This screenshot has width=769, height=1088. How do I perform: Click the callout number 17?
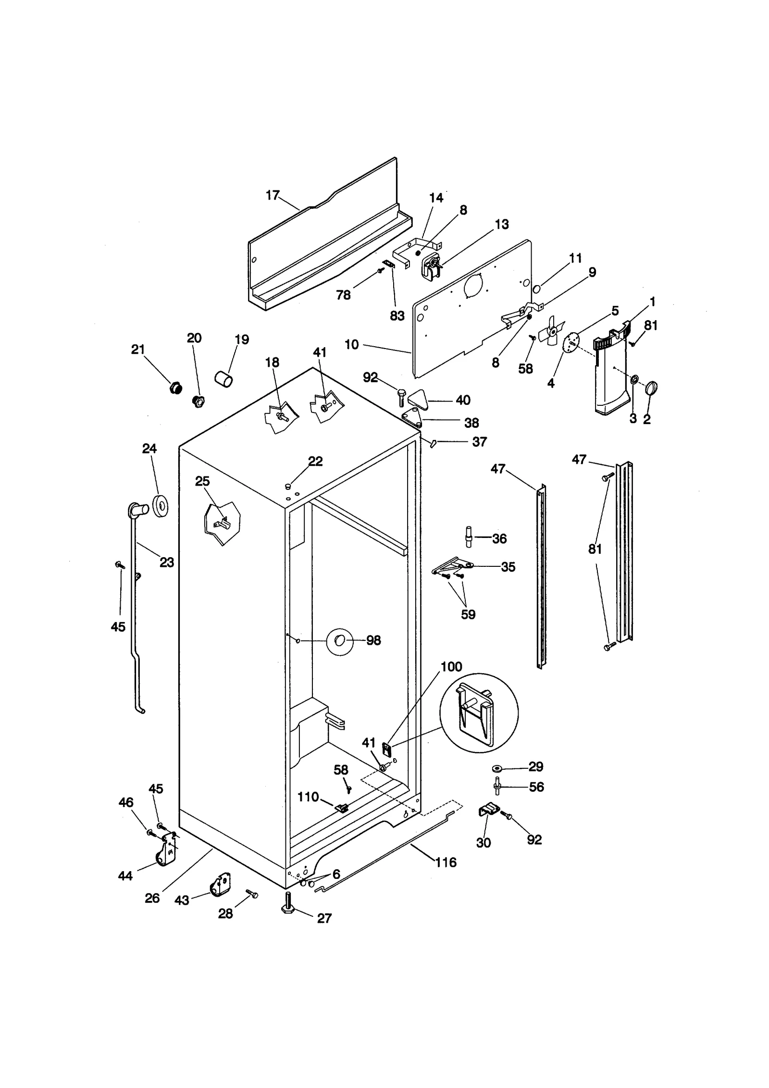click(272, 195)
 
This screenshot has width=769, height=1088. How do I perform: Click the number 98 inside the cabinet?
click(373, 640)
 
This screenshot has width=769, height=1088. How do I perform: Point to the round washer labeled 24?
click(160, 505)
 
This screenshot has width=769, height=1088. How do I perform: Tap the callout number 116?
click(446, 863)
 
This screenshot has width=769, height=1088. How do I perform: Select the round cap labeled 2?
click(651, 388)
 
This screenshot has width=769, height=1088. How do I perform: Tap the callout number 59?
click(468, 614)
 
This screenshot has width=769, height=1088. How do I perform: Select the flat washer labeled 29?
click(497, 768)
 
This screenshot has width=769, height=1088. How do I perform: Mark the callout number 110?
click(308, 797)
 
